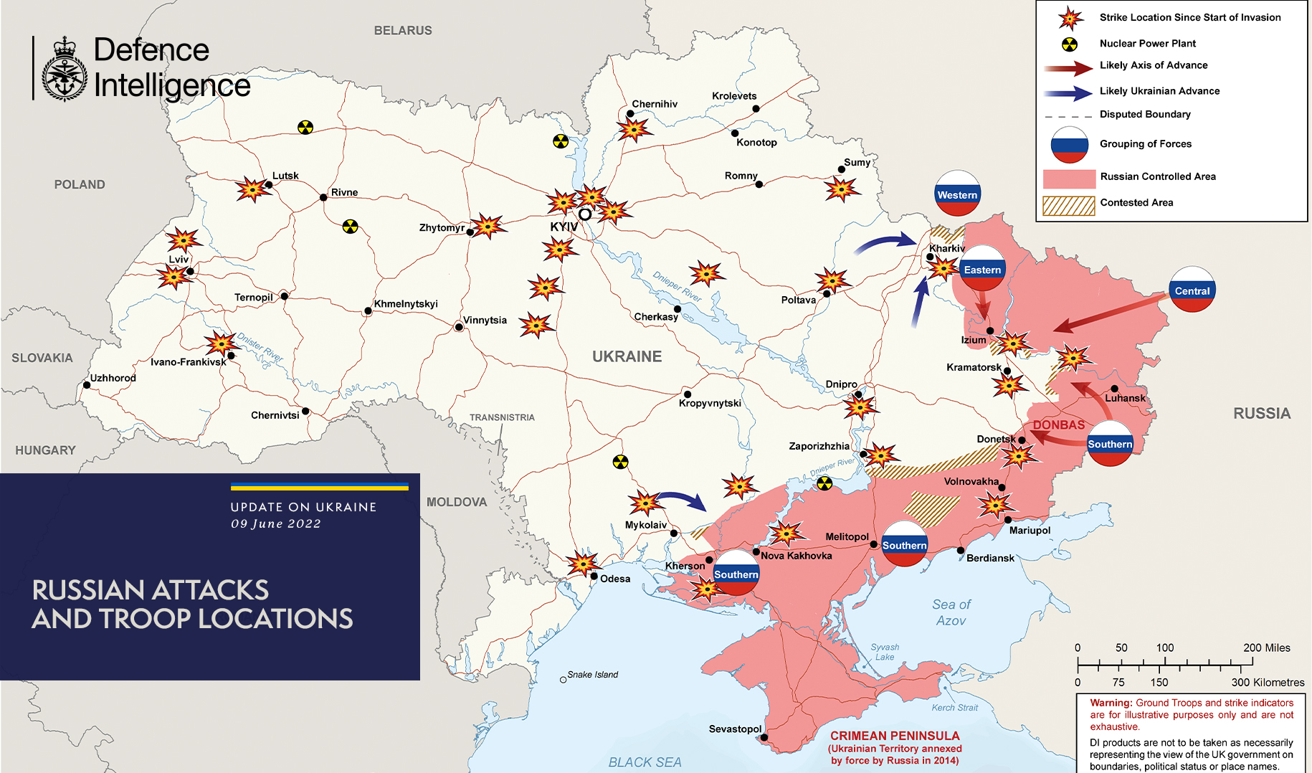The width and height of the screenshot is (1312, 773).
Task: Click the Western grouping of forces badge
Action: pyautogui.click(x=957, y=194)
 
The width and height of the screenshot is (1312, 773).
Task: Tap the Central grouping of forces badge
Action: pyautogui.click(x=1192, y=290)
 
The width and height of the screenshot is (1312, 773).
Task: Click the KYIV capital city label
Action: pyautogui.click(x=564, y=227)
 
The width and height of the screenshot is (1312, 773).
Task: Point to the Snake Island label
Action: pyautogui.click(x=592, y=675)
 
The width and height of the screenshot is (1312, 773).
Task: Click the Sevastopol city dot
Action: pyautogui.click(x=764, y=737)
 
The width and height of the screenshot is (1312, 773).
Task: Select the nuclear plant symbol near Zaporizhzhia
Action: pyautogui.click(x=824, y=483)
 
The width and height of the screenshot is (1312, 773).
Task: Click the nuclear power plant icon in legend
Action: pyautogui.click(x=1069, y=44)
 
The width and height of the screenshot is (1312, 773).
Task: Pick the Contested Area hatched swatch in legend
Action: pyautogui.click(x=1068, y=206)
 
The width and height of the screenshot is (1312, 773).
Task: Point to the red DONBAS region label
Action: pyautogui.click(x=1058, y=425)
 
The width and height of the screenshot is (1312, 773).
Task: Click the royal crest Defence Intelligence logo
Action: pyautogui.click(x=65, y=70)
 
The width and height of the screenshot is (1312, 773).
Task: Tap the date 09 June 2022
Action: pyautogui.click(x=275, y=523)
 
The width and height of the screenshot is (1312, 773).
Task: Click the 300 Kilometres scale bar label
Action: pyautogui.click(x=1268, y=683)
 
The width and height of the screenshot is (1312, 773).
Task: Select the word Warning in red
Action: pyautogui.click(x=1111, y=703)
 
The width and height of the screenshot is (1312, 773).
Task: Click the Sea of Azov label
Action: pyautogui.click(x=951, y=612)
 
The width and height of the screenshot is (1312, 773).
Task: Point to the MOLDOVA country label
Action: pyautogui.click(x=457, y=502)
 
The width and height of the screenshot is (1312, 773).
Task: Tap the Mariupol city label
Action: pyautogui.click(x=1030, y=531)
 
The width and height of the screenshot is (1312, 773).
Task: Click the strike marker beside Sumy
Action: pyautogui.click(x=840, y=189)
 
